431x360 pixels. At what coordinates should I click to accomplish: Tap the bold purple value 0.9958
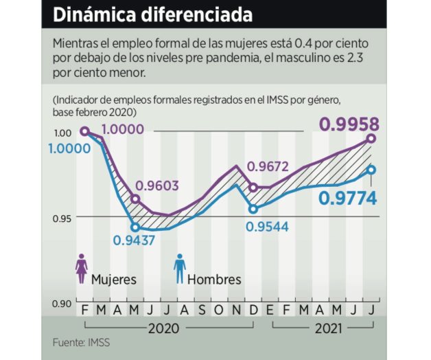pos(349,124)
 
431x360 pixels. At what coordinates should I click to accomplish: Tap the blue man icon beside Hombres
pos(180,267)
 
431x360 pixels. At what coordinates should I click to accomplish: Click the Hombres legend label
pos(214,280)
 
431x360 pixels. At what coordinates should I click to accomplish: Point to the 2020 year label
pos(165,329)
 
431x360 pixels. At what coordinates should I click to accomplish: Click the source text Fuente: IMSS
pos(81,342)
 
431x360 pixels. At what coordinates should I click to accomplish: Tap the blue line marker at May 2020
pos(135,227)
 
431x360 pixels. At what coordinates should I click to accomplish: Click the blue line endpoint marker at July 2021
pos(371,170)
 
